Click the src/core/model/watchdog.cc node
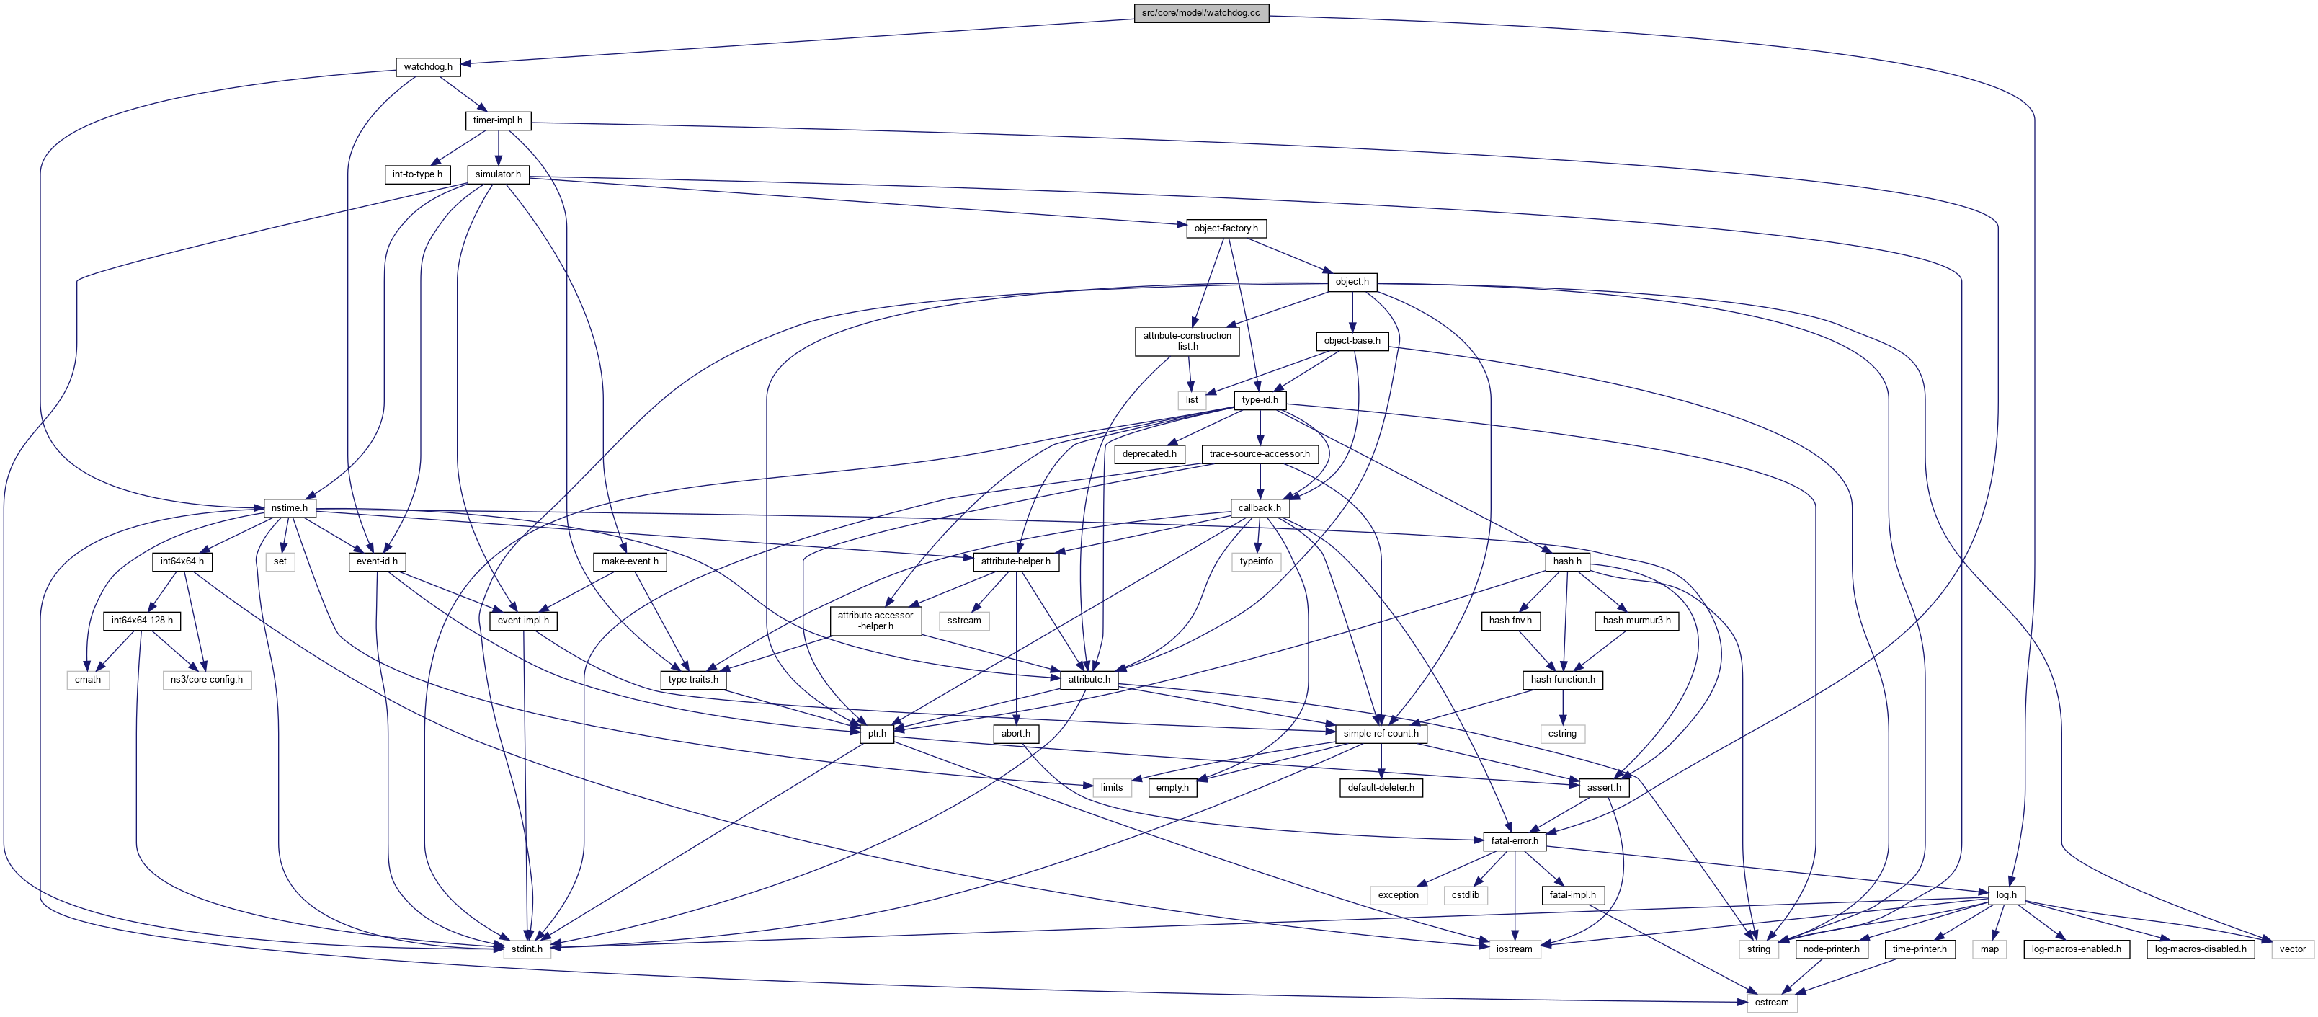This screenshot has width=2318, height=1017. [x=1200, y=12]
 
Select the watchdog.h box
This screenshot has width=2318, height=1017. [x=427, y=66]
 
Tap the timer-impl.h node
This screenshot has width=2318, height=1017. [x=498, y=120]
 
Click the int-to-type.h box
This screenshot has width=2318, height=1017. [x=416, y=174]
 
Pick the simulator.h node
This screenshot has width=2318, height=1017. [x=498, y=174]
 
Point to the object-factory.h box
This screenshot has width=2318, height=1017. [x=1226, y=228]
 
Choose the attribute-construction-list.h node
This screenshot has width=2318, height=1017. [x=1187, y=341]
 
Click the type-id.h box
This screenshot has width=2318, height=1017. [x=1259, y=399]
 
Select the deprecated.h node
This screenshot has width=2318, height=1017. [x=1149, y=453]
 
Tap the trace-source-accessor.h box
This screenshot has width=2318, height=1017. [x=1259, y=453]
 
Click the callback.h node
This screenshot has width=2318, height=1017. [x=1259, y=507]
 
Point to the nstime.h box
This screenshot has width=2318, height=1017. [x=289, y=507]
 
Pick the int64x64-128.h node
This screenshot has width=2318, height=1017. [x=142, y=620]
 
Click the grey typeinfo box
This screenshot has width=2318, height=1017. [x=1256, y=561]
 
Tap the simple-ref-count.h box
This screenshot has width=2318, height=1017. [x=1381, y=734]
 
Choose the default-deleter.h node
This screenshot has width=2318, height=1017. [x=1381, y=788]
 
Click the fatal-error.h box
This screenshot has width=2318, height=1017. [x=1515, y=840]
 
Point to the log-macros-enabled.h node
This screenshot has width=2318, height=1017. [x=2075, y=949]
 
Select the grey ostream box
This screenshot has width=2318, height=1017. [x=1771, y=1003]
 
